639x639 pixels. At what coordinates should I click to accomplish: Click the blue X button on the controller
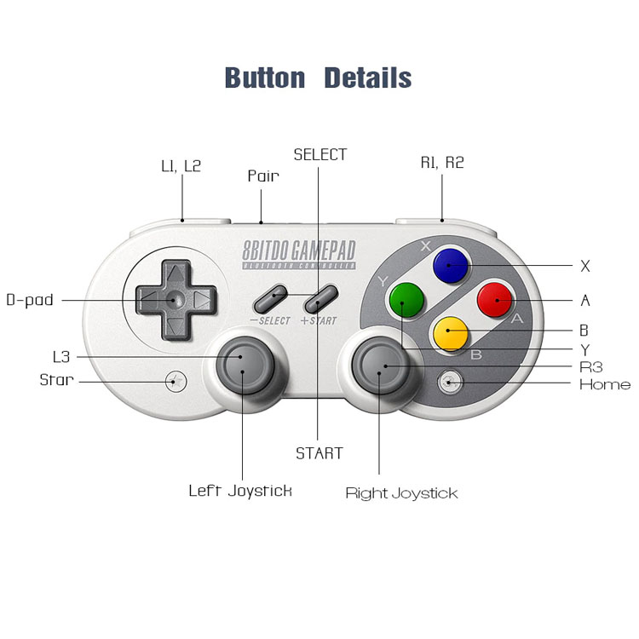[x=451, y=267]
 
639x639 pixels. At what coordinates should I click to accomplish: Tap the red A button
[x=494, y=299]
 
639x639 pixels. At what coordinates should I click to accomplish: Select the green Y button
[x=406, y=299]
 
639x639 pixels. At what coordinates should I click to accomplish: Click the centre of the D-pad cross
[x=173, y=300]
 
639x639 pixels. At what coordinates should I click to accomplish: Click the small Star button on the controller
[x=176, y=381]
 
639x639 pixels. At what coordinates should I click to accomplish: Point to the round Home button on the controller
[x=449, y=383]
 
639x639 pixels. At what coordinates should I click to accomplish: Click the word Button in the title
[x=264, y=78]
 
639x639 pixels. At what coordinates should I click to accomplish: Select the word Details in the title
[x=368, y=78]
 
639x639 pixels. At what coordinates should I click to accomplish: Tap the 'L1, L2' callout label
[x=181, y=165]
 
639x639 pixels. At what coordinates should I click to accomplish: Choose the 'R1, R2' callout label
[x=442, y=162]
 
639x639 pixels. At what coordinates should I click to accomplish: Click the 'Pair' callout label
[x=263, y=176]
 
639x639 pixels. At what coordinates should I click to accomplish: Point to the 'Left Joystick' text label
[x=240, y=490]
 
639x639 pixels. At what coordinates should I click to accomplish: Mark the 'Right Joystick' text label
[x=401, y=493]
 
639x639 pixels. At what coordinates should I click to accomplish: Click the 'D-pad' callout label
[x=30, y=300]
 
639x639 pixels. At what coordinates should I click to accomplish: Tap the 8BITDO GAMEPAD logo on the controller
[x=298, y=253]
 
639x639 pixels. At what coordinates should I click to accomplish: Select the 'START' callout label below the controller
[x=319, y=453]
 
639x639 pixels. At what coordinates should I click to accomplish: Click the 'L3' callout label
[x=60, y=357]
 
